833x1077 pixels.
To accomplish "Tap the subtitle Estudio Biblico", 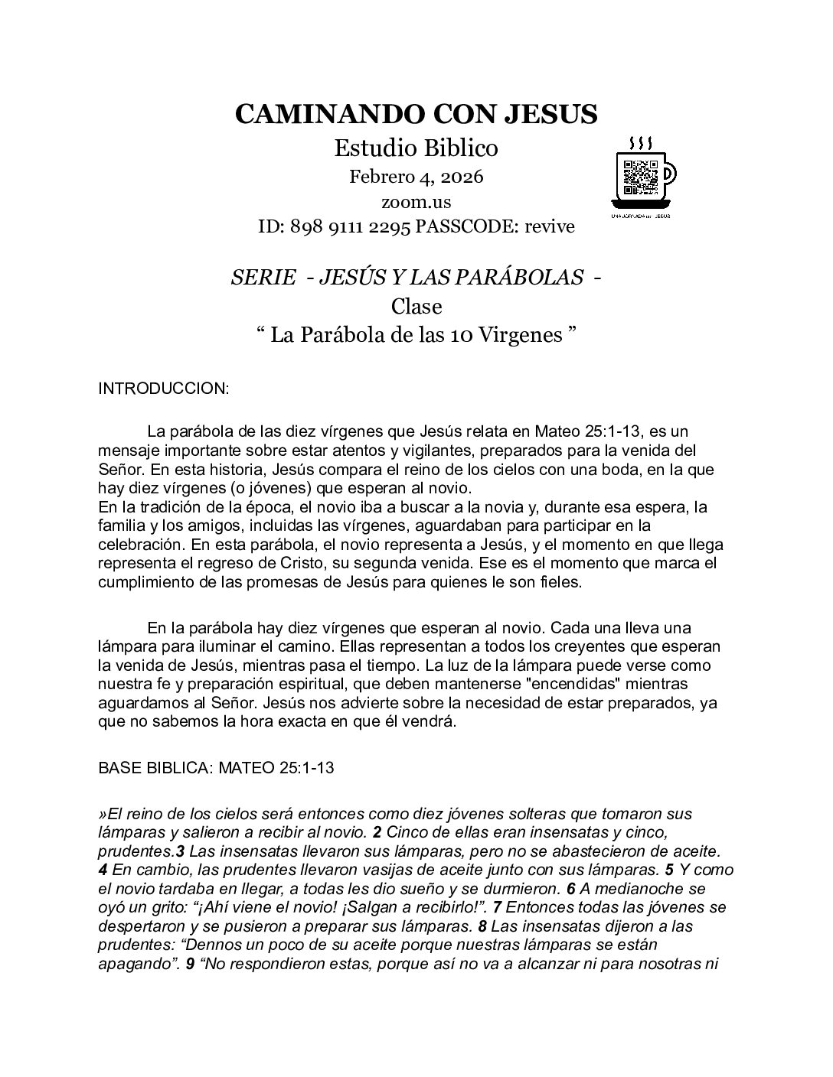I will coord(416,148).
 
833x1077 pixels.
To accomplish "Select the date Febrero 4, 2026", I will coord(416,177).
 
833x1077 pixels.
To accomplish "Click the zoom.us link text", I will coord(416,202).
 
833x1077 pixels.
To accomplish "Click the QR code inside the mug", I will coord(640,177).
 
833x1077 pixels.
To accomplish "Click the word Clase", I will coord(416,306).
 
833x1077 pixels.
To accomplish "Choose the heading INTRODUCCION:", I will coord(164,389).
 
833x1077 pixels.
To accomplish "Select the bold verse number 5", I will coord(668,870).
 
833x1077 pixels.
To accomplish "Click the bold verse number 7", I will coord(497,907).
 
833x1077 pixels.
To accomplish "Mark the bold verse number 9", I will coord(190,964).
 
